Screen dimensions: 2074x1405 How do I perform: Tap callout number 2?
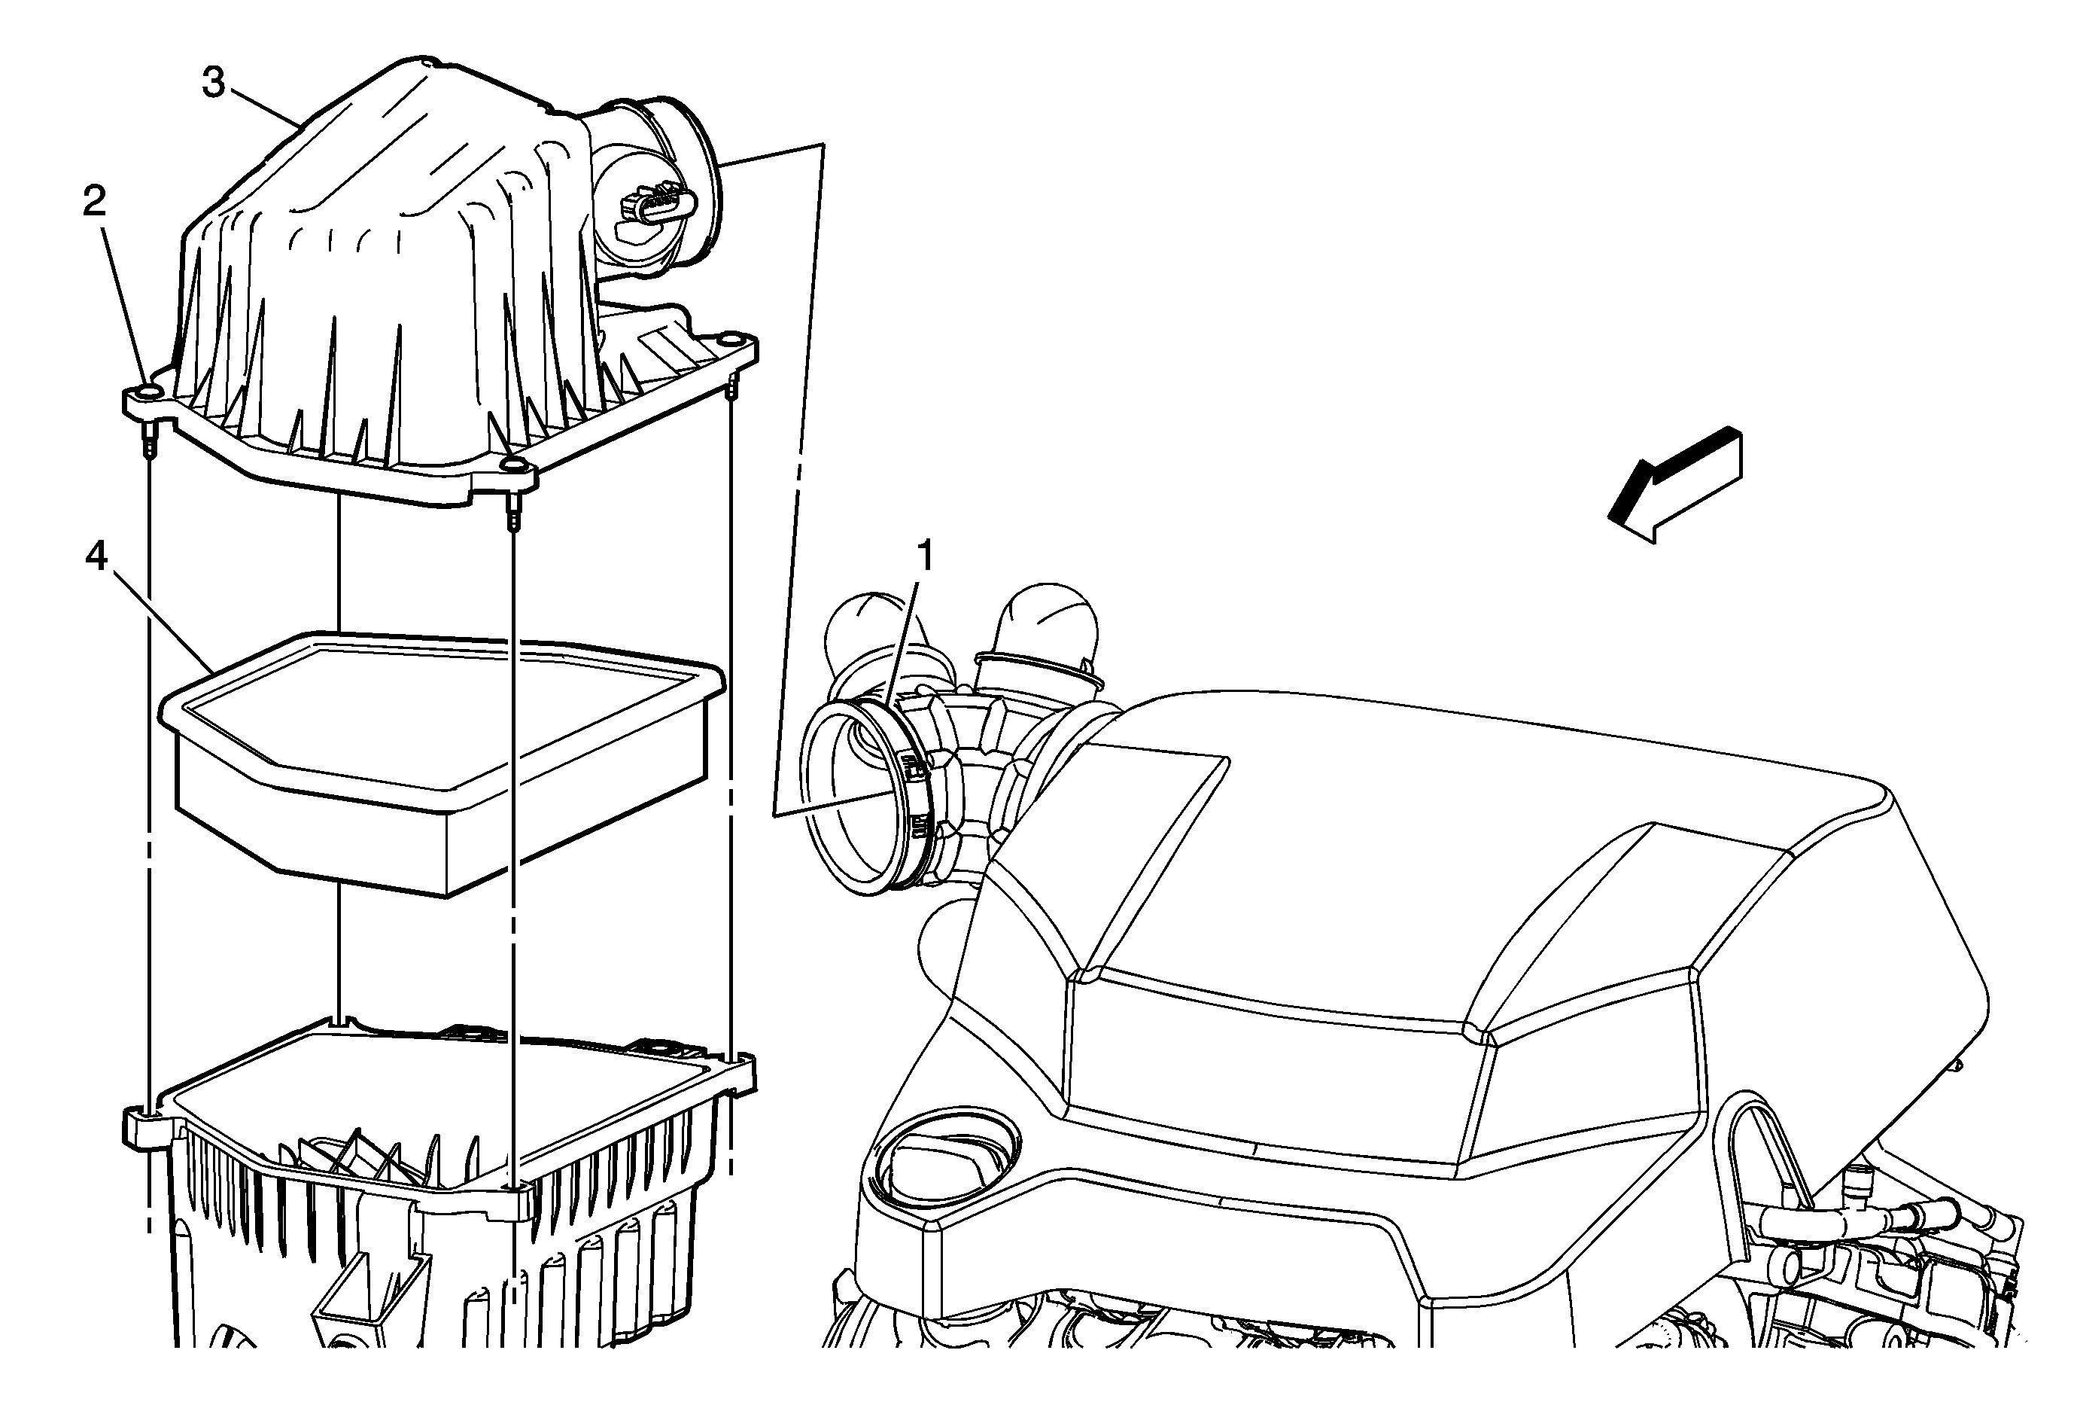click(95, 203)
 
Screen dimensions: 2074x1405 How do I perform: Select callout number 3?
click(213, 83)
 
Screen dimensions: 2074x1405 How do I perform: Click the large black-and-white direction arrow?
click(1674, 485)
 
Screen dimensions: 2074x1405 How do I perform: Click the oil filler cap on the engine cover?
click(947, 1154)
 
